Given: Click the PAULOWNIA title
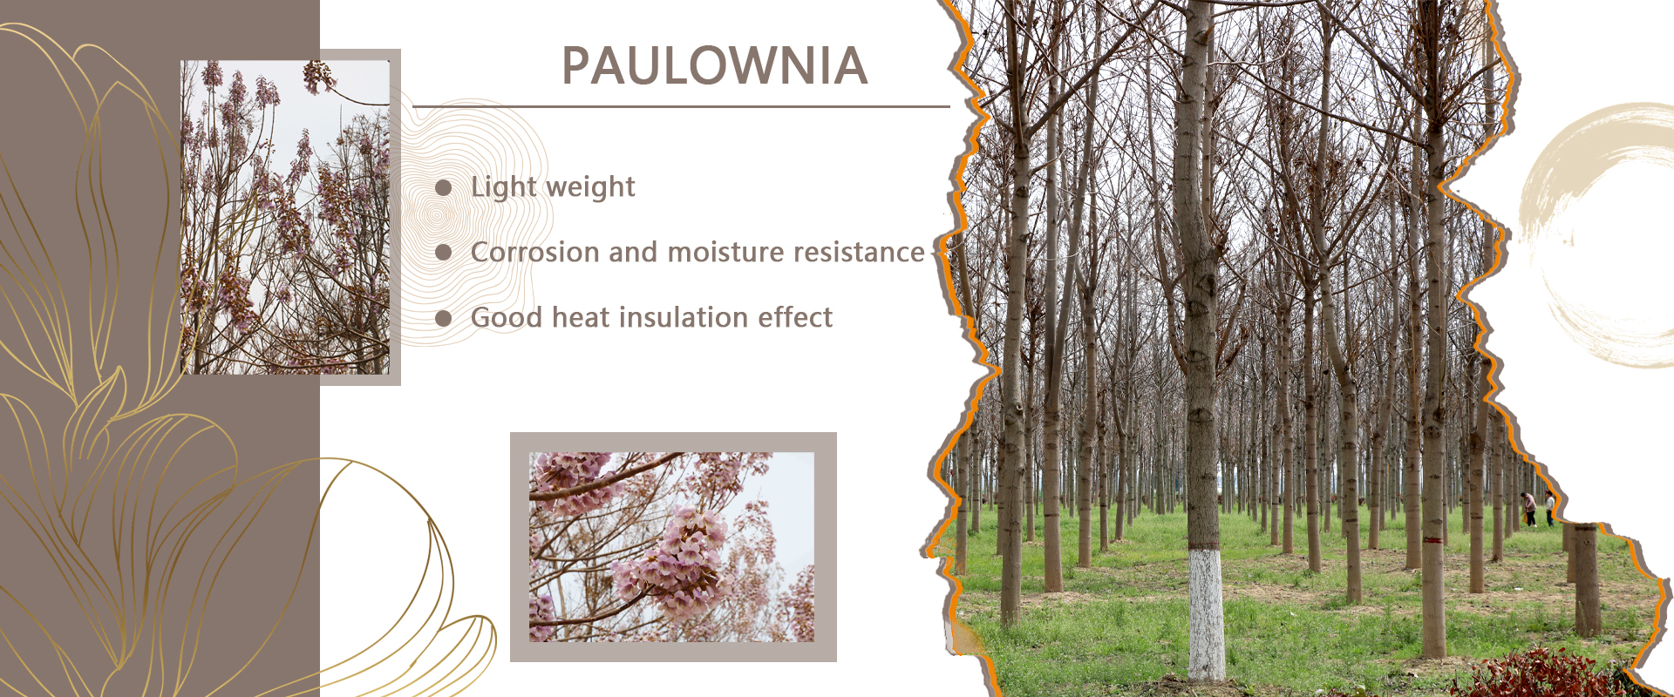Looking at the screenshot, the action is click(x=715, y=66).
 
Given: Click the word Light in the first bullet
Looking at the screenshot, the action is click(x=504, y=188).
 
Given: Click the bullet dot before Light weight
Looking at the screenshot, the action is click(x=443, y=188).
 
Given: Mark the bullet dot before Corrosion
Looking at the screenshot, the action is click(x=443, y=253).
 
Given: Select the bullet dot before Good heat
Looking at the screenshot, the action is click(x=443, y=318).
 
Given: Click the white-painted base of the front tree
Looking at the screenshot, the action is click(x=1207, y=613).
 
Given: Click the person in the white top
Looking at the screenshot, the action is click(x=1549, y=508).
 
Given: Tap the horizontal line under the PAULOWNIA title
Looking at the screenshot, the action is click(x=681, y=107).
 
